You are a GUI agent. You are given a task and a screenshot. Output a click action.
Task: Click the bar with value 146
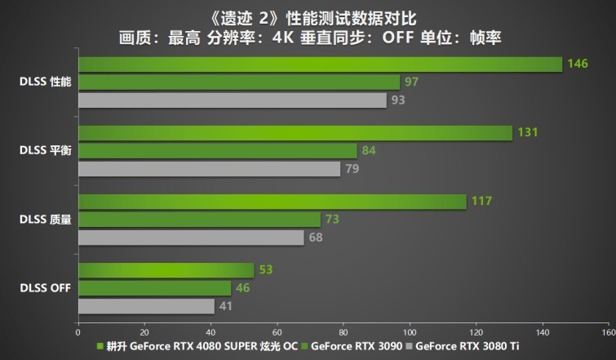tap(320, 64)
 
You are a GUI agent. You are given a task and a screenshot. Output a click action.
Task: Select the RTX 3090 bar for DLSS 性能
tap(239, 82)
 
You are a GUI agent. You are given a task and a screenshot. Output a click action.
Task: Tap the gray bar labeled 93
tap(233, 100)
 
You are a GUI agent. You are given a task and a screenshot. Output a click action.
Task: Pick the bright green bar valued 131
tap(295, 132)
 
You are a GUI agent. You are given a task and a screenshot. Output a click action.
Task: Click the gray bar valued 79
tap(209, 169)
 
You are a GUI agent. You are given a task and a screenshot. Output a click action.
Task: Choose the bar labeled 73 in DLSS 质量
tap(199, 220)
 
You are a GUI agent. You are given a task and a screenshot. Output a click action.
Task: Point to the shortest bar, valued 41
tap(146, 306)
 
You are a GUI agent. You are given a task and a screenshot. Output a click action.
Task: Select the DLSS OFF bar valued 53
tap(166, 270)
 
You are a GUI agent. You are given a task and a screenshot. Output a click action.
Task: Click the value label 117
tap(481, 202)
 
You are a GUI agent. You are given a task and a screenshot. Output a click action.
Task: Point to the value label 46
tap(242, 288)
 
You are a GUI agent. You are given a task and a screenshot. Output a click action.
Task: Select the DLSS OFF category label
tap(47, 288)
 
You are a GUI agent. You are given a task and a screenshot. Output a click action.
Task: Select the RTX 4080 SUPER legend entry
tap(200, 346)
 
